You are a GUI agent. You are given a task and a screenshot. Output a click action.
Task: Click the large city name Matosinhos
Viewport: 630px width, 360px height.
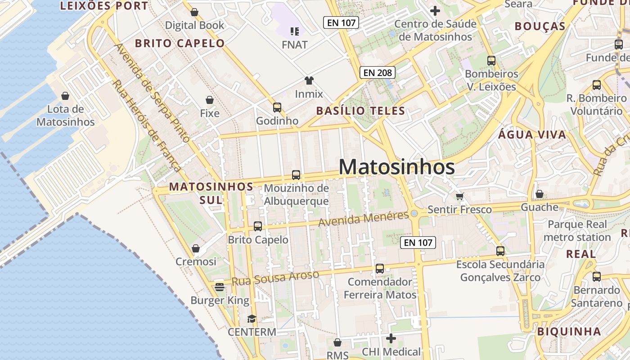(396, 167)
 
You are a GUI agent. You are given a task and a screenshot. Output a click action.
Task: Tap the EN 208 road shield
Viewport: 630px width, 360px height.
(377, 72)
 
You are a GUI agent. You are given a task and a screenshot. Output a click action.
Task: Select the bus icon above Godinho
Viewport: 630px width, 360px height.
(277, 108)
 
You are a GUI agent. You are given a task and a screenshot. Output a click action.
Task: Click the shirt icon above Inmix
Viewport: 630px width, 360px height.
(309, 81)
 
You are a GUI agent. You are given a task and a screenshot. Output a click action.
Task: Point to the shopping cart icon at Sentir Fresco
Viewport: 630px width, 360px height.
(459, 196)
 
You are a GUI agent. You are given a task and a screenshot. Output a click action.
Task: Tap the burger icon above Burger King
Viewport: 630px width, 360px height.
(220, 287)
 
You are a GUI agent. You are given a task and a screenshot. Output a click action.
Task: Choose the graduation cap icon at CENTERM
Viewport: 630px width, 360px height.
(252, 319)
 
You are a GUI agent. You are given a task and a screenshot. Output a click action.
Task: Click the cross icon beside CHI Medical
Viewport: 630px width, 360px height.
(391, 338)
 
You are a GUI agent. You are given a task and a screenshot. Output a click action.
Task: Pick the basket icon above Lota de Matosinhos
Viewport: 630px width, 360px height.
(65, 96)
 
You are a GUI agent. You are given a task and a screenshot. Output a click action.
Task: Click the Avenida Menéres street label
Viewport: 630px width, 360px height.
(364, 218)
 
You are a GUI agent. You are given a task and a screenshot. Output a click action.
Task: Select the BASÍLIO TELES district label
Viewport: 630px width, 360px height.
(360, 111)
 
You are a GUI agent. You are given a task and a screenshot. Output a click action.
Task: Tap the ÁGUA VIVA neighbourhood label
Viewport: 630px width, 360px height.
(532, 135)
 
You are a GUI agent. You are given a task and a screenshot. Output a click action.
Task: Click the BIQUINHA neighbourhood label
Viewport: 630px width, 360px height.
(569, 332)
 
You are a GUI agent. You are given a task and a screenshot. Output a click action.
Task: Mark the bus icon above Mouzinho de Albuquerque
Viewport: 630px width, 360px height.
(296, 175)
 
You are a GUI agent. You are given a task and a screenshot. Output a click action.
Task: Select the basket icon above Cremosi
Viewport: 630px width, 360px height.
(196, 248)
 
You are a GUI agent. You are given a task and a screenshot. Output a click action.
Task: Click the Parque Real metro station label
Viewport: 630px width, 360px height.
(577, 231)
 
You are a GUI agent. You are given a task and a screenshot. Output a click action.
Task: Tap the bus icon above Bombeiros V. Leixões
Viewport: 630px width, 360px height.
(491, 60)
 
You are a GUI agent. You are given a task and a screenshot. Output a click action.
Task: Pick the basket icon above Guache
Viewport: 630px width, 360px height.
(539, 194)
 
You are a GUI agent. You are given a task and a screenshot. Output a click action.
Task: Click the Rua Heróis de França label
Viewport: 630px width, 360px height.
(147, 126)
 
